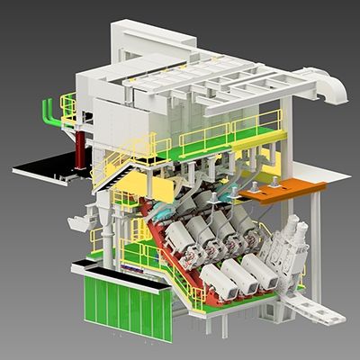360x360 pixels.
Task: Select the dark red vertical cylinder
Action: (x=82, y=148)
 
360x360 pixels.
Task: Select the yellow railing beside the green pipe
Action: (x=68, y=109)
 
